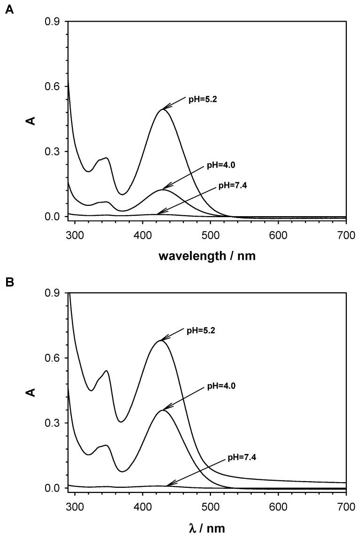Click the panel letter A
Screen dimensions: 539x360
click(9, 9)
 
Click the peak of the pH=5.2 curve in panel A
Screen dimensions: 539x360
click(162, 109)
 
